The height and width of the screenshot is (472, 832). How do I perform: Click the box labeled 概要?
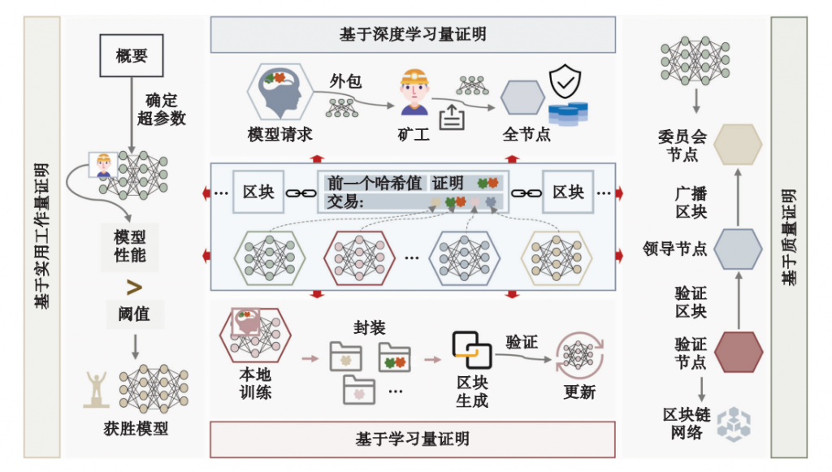(131, 55)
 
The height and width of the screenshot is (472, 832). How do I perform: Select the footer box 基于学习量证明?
(413, 439)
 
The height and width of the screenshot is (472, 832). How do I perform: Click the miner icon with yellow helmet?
(414, 92)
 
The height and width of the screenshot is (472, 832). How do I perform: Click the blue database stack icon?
(568, 113)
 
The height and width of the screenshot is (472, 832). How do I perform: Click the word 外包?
(344, 81)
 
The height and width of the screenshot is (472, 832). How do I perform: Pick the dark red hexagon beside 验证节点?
(738, 351)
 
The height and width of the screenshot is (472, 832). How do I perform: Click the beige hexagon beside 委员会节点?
(738, 145)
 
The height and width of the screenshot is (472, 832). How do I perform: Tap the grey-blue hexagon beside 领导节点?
(738, 248)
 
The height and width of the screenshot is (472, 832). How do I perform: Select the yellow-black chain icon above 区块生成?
(472, 349)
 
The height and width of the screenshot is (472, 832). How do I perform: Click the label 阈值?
(133, 313)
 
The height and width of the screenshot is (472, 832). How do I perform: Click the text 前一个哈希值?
(374, 183)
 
